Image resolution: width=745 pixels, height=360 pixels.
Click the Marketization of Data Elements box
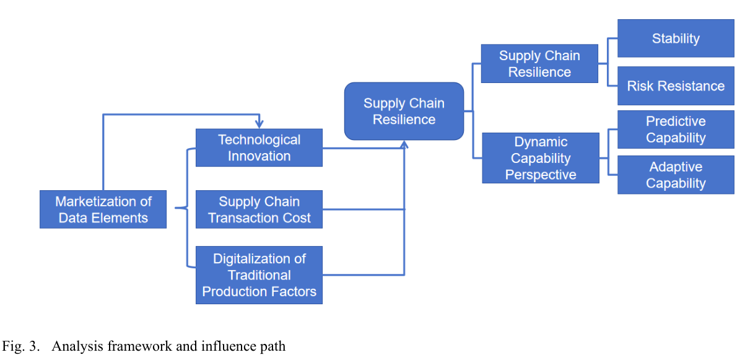pyautogui.click(x=103, y=209)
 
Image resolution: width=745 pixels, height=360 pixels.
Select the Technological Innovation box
pyautogui.click(x=259, y=148)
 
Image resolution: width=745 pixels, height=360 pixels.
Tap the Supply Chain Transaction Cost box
pyautogui.click(x=259, y=209)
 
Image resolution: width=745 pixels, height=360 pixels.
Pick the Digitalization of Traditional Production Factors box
pyautogui.click(x=259, y=275)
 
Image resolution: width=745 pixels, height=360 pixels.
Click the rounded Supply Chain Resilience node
pyautogui.click(x=404, y=111)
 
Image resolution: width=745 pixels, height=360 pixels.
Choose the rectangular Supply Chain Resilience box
pyautogui.click(x=539, y=64)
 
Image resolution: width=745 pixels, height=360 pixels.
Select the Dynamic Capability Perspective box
pyautogui.click(x=541, y=158)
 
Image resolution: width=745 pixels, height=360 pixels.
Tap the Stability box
pyautogui.click(x=676, y=38)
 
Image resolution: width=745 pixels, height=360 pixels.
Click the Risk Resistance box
pyautogui.click(x=676, y=86)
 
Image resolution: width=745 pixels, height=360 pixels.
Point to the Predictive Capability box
pyautogui.click(x=676, y=130)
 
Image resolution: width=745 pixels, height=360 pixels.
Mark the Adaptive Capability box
pyautogui.click(x=676, y=175)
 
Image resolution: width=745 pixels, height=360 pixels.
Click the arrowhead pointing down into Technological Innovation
pyautogui.click(x=259, y=124)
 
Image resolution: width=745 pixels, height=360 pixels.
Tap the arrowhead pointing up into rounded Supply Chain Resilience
pyautogui.click(x=404, y=144)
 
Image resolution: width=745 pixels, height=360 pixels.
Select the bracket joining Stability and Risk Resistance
pyautogui.click(x=608, y=62)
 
